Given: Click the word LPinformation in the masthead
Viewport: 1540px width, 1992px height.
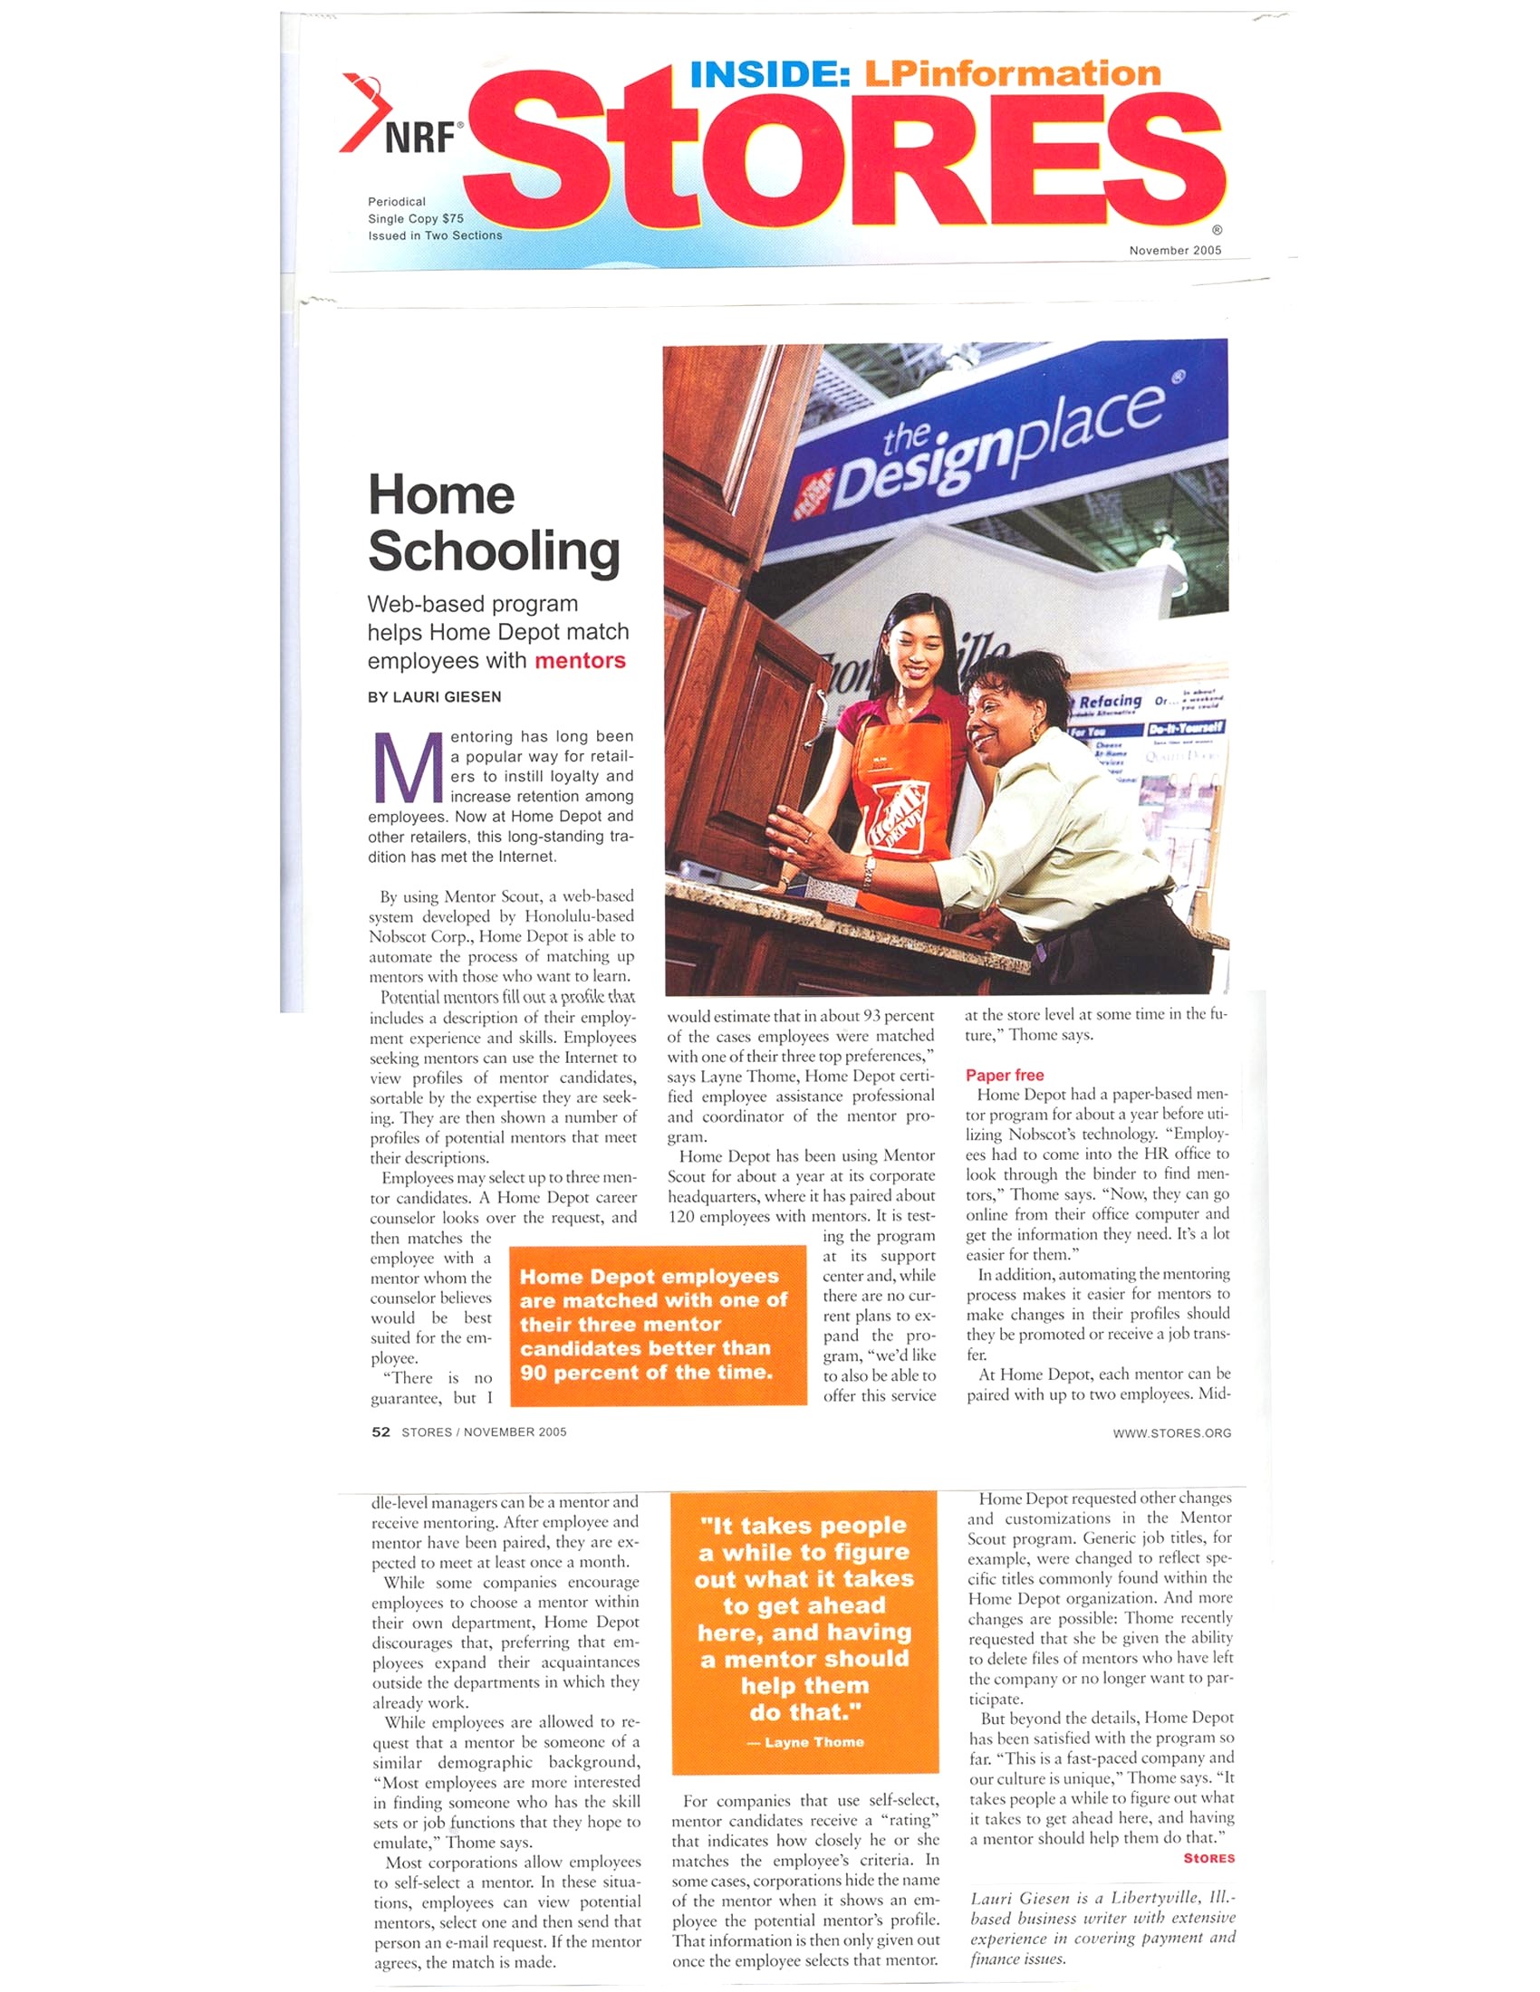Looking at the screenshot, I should point(1012,73).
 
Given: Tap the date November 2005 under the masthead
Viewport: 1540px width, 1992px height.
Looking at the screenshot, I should point(1174,250).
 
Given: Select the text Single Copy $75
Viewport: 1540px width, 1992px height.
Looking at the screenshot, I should point(415,218).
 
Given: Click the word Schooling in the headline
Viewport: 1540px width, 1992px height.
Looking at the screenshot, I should point(494,551).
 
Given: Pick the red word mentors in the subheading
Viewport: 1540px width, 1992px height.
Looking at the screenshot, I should point(580,660).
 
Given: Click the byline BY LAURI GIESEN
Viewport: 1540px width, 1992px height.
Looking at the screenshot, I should point(434,697).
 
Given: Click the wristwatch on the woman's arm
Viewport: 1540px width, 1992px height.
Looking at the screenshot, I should point(869,869).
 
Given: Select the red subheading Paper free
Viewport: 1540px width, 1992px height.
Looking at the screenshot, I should point(1004,1075).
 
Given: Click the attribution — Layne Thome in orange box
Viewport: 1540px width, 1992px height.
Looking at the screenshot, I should point(805,1741).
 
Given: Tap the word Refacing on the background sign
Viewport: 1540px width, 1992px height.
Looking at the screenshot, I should point(1110,702).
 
